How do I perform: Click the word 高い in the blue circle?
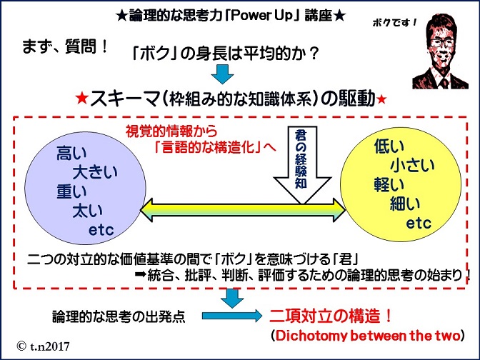[x=71, y=153]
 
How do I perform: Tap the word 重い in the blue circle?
[x=71, y=192]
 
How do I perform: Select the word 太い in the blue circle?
[x=88, y=211]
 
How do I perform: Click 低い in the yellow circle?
[x=389, y=146]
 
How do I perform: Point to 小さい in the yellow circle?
[x=412, y=166]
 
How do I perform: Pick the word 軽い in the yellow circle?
[x=389, y=185]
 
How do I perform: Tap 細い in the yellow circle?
[x=405, y=204]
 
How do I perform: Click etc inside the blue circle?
[x=101, y=230]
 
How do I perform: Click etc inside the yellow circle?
[x=419, y=223]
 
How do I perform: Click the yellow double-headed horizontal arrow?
[x=242, y=210]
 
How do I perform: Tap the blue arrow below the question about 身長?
[x=223, y=74]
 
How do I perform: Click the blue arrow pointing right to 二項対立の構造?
[x=231, y=316]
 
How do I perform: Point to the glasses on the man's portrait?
[x=441, y=43]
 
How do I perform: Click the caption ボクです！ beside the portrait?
[x=394, y=23]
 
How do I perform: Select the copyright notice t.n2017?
[x=43, y=346]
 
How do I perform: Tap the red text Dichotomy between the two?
[x=368, y=336]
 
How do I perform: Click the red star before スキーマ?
[x=82, y=99]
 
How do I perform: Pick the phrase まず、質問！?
[x=65, y=47]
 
